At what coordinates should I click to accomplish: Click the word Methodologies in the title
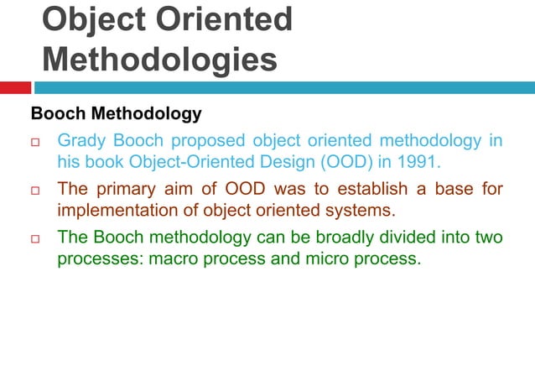coord(159,59)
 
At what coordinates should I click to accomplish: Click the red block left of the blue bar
coord(15,87)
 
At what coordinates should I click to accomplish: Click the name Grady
coord(82,140)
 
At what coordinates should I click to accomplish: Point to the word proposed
coord(202,140)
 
